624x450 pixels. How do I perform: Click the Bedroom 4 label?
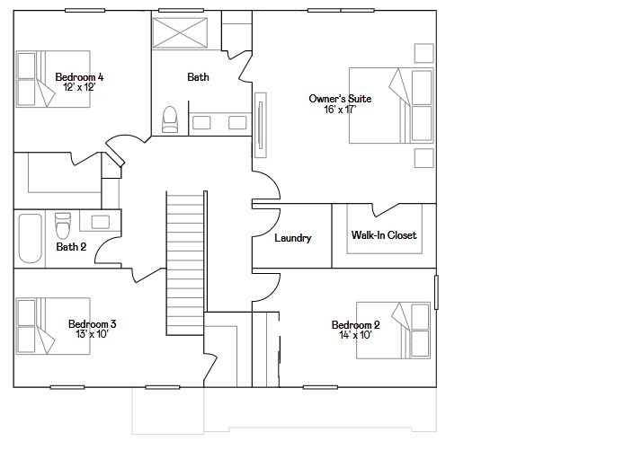pos(79,77)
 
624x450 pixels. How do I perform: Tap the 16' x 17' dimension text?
pos(340,110)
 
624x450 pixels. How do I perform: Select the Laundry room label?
pos(293,238)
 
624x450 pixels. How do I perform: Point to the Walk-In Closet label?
pos(384,235)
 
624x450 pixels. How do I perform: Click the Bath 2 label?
pos(71,247)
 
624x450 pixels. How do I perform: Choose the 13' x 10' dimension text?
pos(92,334)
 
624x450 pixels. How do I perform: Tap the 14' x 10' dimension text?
pos(355,335)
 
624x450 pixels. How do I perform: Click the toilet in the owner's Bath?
pos(170,119)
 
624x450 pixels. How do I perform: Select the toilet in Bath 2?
pos(62,225)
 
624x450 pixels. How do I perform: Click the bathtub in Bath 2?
pos(30,239)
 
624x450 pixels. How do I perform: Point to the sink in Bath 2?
pos(101,222)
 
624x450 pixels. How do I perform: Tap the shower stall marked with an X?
pos(180,33)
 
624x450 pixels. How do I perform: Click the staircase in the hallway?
pos(185,263)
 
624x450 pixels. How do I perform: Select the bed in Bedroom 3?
pos(53,326)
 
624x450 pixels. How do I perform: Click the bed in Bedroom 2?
pos(393,331)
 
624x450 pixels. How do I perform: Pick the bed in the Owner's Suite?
pos(391,105)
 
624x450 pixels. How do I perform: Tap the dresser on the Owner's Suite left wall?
pos(260,125)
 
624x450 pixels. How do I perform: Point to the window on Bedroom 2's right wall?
pos(436,292)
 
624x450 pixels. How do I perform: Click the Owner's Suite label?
pos(340,99)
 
